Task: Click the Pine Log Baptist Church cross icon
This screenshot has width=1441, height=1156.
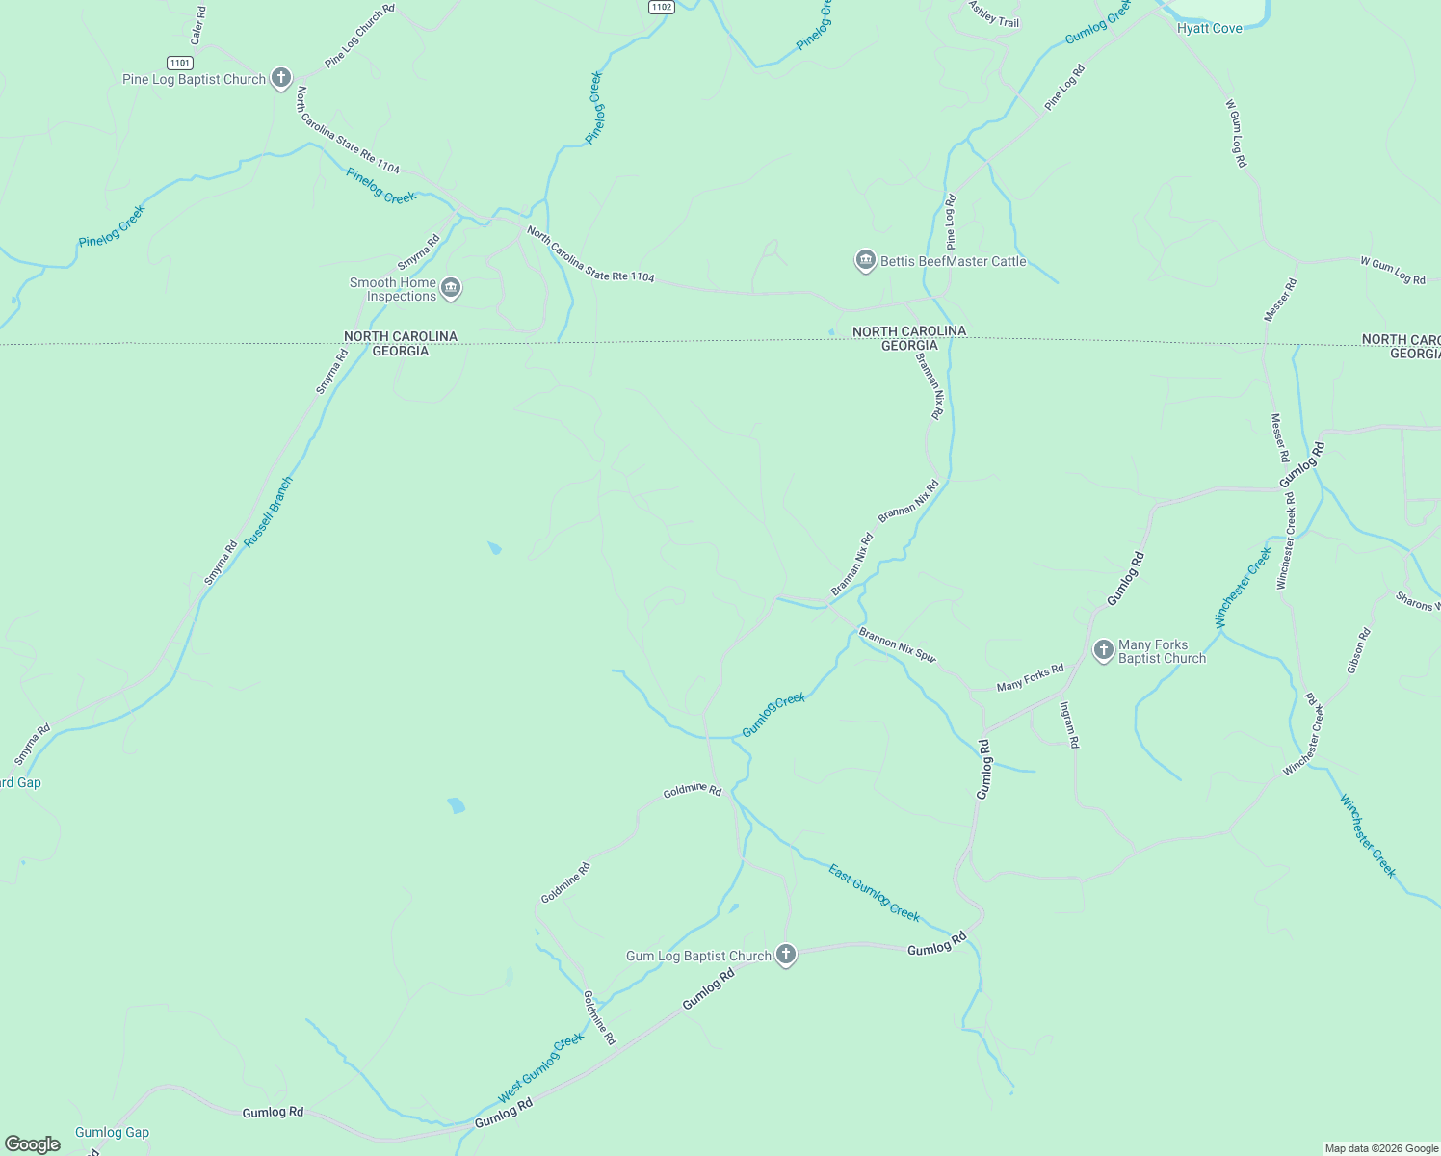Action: click(x=280, y=79)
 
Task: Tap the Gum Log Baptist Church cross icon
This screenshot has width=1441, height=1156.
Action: click(x=786, y=955)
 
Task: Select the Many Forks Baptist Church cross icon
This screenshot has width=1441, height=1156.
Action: click(x=1104, y=650)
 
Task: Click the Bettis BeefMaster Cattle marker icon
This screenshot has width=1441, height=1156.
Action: click(x=865, y=261)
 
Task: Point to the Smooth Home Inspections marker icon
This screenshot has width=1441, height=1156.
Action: click(x=450, y=288)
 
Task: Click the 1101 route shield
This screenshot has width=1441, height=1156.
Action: click(x=180, y=63)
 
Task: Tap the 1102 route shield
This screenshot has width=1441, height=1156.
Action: click(x=661, y=7)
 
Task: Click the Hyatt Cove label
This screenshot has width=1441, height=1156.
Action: click(x=1209, y=29)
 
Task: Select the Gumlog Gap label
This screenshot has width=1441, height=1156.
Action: click(x=112, y=1132)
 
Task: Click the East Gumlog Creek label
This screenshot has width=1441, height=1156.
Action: click(x=874, y=893)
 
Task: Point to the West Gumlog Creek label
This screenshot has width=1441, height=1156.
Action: click(x=540, y=1067)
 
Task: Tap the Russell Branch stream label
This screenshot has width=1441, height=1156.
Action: click(x=268, y=512)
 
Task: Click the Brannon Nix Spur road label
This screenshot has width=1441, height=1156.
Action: click(x=897, y=644)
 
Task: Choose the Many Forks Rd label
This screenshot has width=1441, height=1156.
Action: click(x=1030, y=677)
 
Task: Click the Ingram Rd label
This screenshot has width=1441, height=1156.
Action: click(x=1069, y=724)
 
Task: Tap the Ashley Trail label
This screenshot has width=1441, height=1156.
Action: click(x=994, y=14)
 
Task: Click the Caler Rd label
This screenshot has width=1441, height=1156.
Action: click(x=198, y=26)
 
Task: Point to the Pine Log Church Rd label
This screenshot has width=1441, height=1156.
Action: click(x=359, y=36)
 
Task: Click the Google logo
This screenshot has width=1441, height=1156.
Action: click(x=33, y=1143)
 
